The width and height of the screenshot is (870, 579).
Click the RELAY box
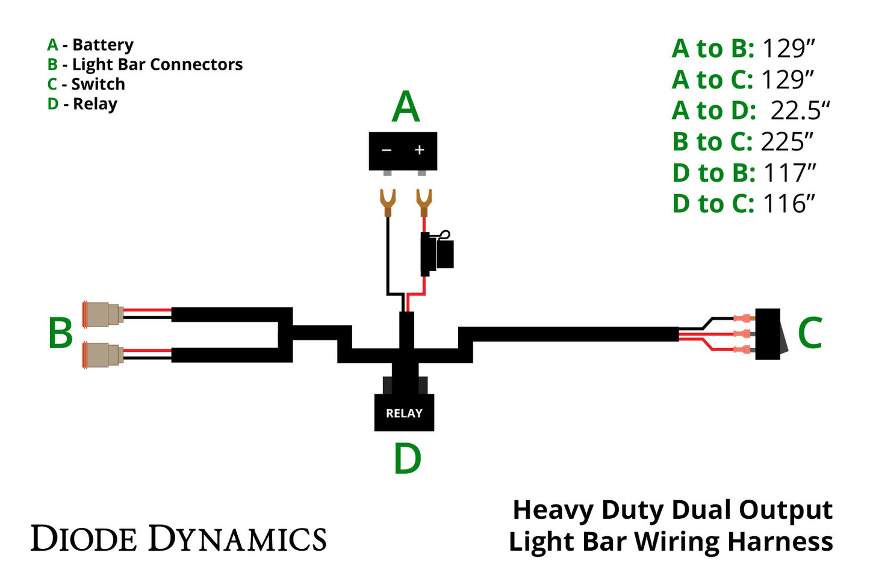[x=404, y=412]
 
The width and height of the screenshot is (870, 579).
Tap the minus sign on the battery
[x=387, y=150]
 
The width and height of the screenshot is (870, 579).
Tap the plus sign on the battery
[x=420, y=150]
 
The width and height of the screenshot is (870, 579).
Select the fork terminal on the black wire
[x=387, y=202]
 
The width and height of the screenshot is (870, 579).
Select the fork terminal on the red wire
[x=424, y=202]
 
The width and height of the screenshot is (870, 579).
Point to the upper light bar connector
[x=103, y=314]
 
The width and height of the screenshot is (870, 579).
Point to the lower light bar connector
[x=103, y=354]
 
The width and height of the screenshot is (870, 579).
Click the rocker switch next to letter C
[x=769, y=334]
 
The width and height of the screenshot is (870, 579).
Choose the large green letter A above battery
[x=405, y=108]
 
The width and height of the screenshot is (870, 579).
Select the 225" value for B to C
[x=786, y=142]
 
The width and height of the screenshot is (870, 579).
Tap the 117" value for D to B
[x=789, y=173]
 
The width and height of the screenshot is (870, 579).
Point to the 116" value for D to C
[x=789, y=204]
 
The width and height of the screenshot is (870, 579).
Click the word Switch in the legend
[x=98, y=84]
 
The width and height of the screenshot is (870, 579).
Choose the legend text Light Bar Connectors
[x=157, y=64]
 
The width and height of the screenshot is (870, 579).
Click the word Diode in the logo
[x=84, y=538]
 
